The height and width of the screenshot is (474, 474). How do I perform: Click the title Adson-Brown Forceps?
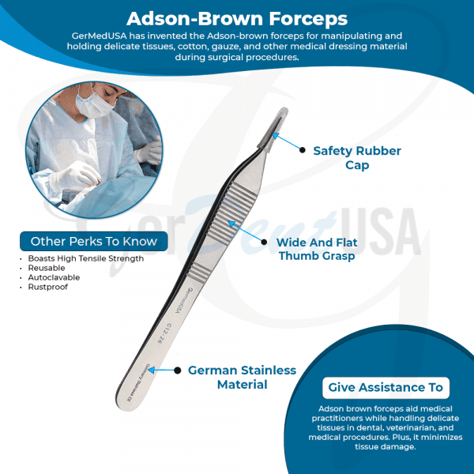click(236, 17)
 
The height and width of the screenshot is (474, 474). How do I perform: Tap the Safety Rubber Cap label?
click(357, 158)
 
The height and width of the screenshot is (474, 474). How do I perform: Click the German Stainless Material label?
click(242, 377)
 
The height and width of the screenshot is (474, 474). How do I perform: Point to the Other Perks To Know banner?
click(93, 242)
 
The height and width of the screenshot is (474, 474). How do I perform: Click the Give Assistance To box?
click(386, 388)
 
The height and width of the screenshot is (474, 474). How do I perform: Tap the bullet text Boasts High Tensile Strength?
click(85, 258)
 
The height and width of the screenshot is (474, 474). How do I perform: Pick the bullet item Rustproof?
click(46, 287)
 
